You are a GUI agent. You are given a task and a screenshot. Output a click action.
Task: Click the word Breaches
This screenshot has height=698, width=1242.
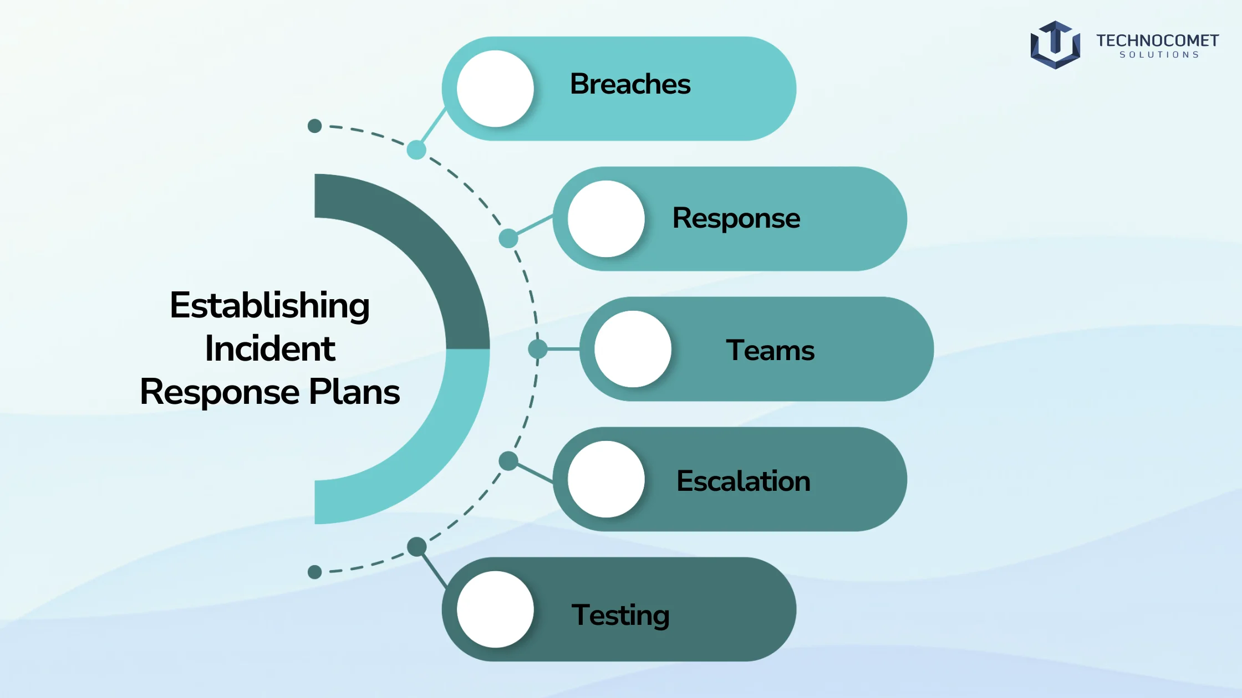point(630,84)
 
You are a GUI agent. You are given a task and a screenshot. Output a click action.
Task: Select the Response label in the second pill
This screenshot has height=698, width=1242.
point(736,219)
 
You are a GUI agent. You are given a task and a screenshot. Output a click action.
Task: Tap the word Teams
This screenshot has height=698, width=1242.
point(770,350)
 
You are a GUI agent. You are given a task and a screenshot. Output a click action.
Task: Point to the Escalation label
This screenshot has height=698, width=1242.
point(744,481)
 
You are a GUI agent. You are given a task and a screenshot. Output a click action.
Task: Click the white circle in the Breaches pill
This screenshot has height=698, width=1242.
point(495,89)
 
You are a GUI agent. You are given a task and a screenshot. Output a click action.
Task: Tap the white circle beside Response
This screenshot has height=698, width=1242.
point(606,219)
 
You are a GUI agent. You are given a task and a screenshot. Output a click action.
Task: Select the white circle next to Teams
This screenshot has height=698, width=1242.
point(633,349)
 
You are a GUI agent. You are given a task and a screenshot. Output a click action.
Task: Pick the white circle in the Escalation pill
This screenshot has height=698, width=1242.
point(606,479)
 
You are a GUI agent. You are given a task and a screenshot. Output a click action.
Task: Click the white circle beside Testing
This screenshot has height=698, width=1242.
point(495,609)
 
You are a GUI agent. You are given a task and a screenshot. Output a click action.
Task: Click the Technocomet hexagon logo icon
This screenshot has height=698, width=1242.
point(1055,45)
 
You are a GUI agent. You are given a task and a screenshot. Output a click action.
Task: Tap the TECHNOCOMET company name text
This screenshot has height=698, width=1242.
point(1157,40)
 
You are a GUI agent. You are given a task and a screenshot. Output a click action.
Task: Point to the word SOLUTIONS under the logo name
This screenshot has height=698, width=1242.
point(1159,55)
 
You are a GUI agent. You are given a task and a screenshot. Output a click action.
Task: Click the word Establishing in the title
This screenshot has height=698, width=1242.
point(269,306)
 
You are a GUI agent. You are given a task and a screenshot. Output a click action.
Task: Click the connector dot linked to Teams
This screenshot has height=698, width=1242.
point(538,349)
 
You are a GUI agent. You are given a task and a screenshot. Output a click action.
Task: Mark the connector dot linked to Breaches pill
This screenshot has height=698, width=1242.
point(416,150)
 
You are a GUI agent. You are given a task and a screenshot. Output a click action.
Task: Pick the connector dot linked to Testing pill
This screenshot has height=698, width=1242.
point(416,547)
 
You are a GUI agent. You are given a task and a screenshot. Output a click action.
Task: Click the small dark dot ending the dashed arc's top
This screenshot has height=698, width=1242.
point(314,126)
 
